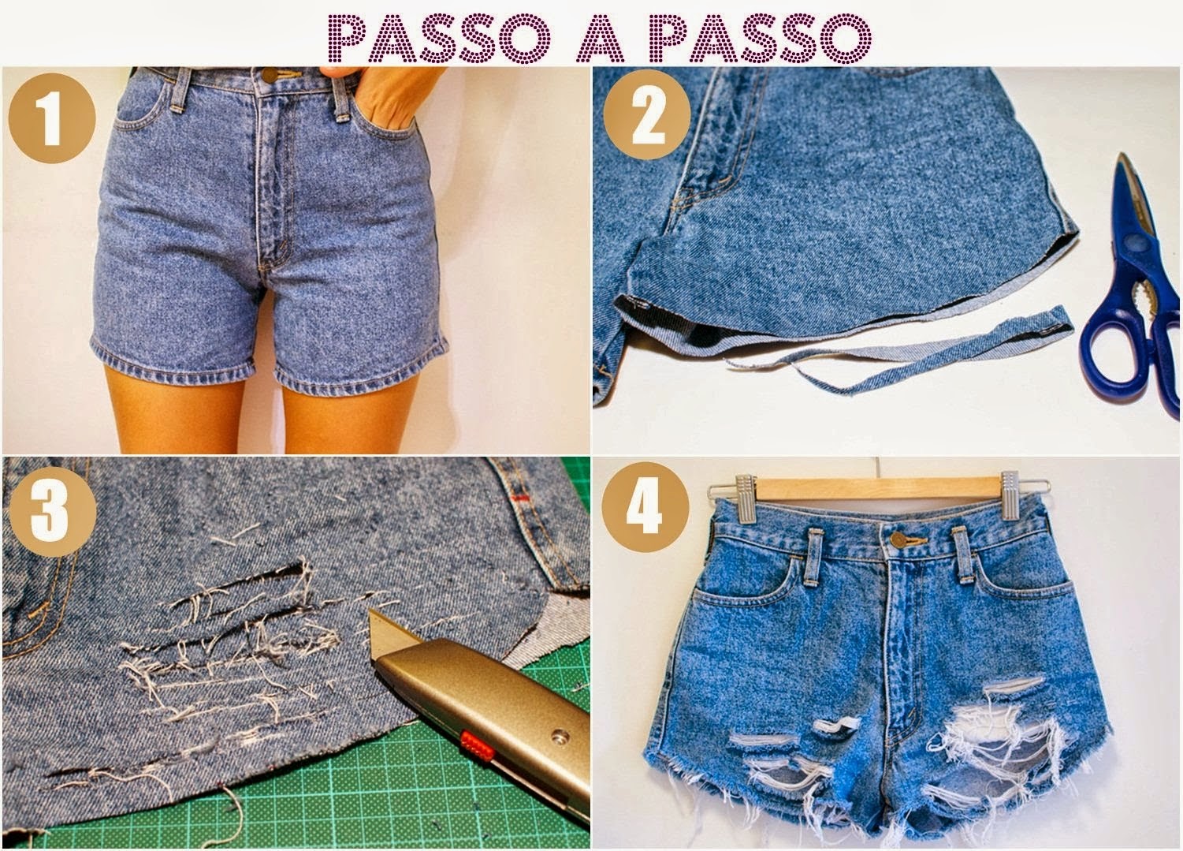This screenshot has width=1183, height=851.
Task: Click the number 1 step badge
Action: point(51,121)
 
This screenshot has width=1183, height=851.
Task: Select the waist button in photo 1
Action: point(270,75)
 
